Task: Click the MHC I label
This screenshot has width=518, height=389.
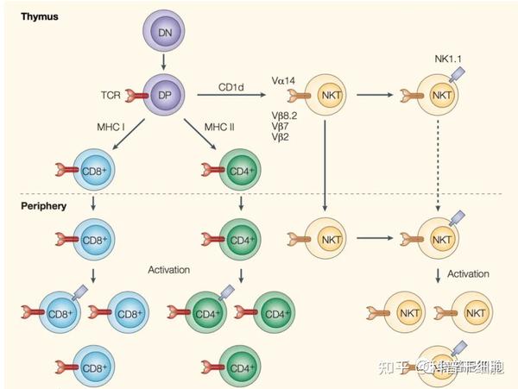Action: pyautogui.click(x=111, y=128)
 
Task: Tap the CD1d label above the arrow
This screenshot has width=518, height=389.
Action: pyautogui.click(x=231, y=84)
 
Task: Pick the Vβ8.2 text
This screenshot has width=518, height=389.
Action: pyautogui.click(x=286, y=114)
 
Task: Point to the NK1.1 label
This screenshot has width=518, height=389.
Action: pyautogui.click(x=450, y=58)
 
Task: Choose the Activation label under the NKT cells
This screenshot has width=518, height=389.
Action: pyautogui.click(x=471, y=273)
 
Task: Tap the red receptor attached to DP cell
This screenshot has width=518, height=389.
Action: pyautogui.click(x=135, y=91)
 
